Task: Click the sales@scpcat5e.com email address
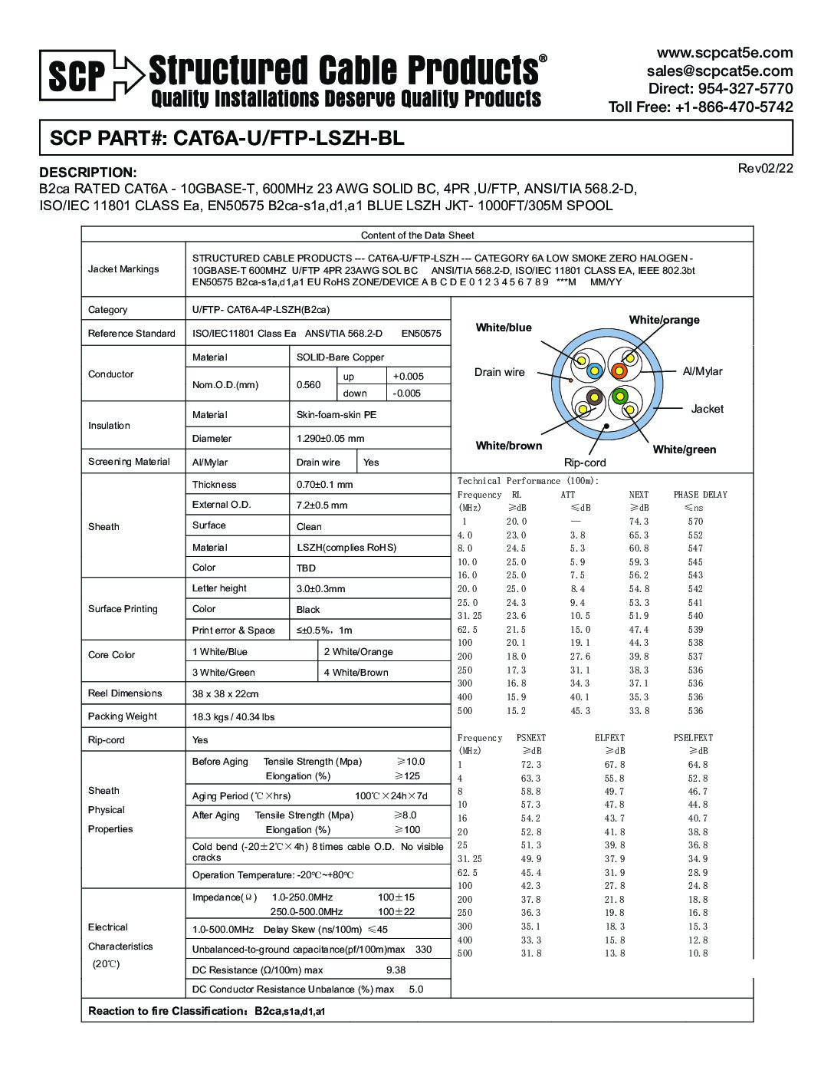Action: pyautogui.click(x=720, y=71)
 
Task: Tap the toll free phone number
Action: pyautogui.click(x=701, y=107)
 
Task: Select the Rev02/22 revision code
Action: pyautogui.click(x=765, y=169)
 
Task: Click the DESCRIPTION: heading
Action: pyautogui.click(x=88, y=173)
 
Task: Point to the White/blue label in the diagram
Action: pyautogui.click(x=504, y=328)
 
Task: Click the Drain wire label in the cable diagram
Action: pyautogui.click(x=499, y=372)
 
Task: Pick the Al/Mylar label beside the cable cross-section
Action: pyautogui.click(x=702, y=371)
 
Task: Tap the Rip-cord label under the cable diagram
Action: pyautogui.click(x=585, y=463)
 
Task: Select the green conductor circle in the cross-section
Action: pyautogui.click(x=619, y=396)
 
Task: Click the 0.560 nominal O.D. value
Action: pyautogui.click(x=309, y=385)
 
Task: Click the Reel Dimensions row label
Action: pyautogui.click(x=125, y=693)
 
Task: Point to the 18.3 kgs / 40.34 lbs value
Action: pyautogui.click(x=233, y=717)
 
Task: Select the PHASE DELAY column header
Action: pyautogui.click(x=700, y=495)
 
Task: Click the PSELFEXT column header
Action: pyautogui.click(x=693, y=738)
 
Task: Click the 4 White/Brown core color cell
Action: pyautogui.click(x=356, y=673)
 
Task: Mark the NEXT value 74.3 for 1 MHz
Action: pyautogui.click(x=639, y=522)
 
